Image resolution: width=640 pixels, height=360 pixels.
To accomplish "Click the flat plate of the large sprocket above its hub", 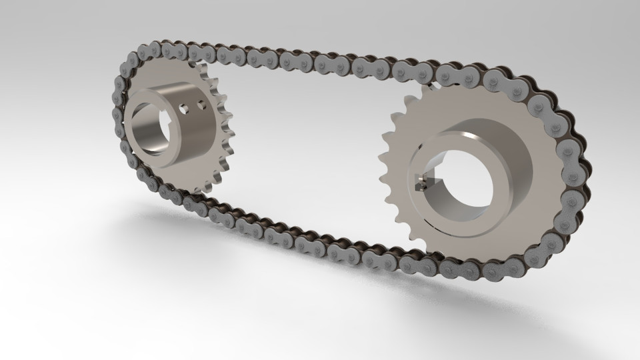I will [x=467, y=107].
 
